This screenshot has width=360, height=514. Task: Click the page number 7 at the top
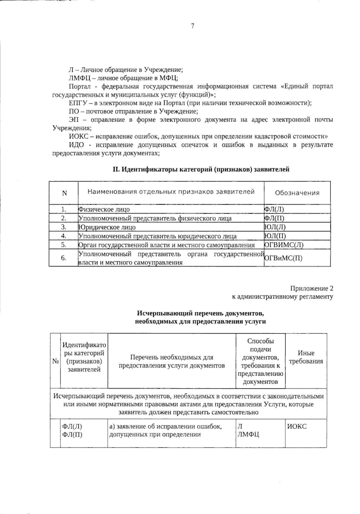click(x=193, y=26)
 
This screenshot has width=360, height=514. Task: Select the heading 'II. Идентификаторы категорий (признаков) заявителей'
click(x=201, y=169)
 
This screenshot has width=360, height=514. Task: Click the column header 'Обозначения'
click(x=297, y=193)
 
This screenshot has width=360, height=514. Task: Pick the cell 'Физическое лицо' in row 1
click(x=104, y=209)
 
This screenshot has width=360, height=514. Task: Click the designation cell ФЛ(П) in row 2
click(x=274, y=218)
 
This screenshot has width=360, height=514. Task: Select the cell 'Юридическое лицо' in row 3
click(x=107, y=227)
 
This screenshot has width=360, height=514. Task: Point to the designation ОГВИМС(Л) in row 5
click(x=284, y=245)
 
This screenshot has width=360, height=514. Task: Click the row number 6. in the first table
click(x=64, y=257)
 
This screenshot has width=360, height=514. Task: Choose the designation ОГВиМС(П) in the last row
click(x=283, y=258)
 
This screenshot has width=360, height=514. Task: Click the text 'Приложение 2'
click(x=311, y=289)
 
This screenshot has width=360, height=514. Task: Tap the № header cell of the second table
click(x=55, y=361)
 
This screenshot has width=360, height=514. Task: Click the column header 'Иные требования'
click(x=306, y=357)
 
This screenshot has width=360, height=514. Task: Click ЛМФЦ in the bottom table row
click(x=248, y=434)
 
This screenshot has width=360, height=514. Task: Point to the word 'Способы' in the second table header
click(x=260, y=341)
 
